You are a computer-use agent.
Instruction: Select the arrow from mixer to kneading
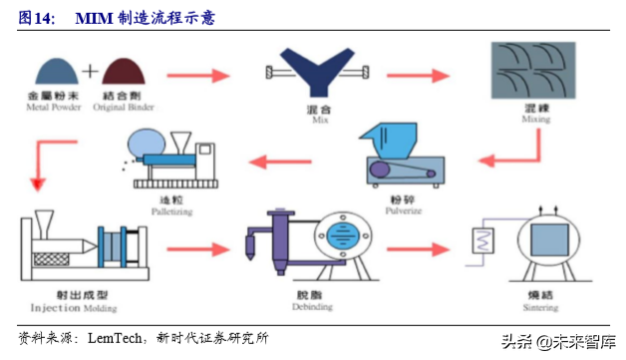tap(414, 74)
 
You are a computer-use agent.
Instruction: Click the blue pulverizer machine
tap(397, 159)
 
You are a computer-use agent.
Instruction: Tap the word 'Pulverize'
tap(402, 211)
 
